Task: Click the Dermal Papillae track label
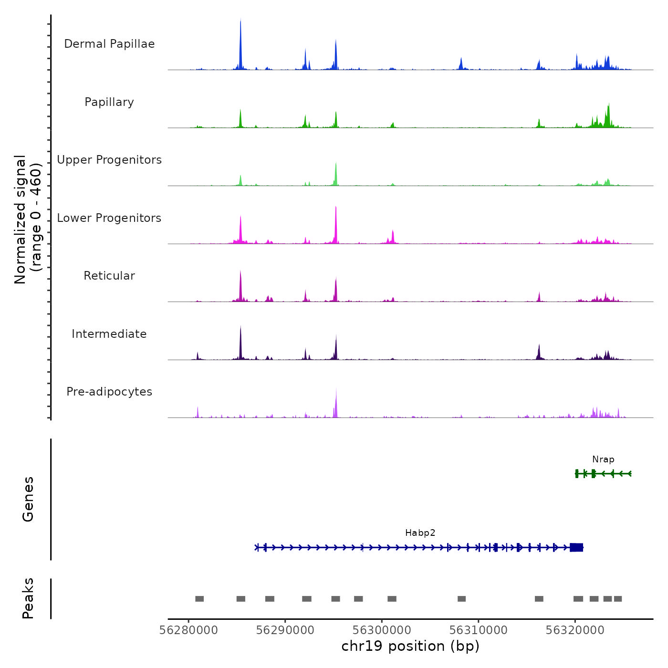[x=109, y=44]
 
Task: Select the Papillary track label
[x=109, y=102]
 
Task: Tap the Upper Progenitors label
[x=109, y=160]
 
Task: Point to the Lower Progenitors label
[x=109, y=218]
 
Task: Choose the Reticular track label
[x=109, y=276]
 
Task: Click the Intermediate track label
[x=109, y=334]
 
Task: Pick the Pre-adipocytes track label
[x=109, y=392]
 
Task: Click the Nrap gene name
[x=603, y=459]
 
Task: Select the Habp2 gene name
[x=420, y=533]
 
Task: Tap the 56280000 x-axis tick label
[x=188, y=630]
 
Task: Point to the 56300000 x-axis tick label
[x=382, y=630]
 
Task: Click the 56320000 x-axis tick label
[x=575, y=630]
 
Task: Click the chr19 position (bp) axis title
[x=410, y=647]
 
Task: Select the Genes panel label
[x=28, y=499]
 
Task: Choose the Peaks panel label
[x=28, y=598]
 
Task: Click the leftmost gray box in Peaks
[x=199, y=599]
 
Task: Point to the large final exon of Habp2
[x=576, y=547]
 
